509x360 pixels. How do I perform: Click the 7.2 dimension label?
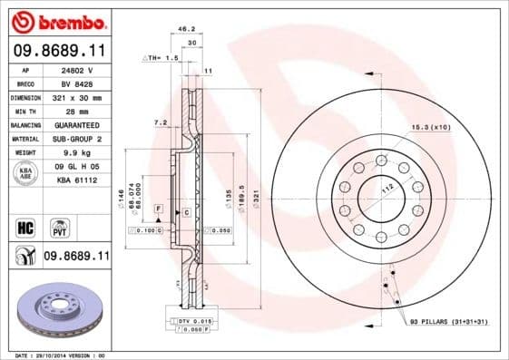[x=160, y=122]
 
